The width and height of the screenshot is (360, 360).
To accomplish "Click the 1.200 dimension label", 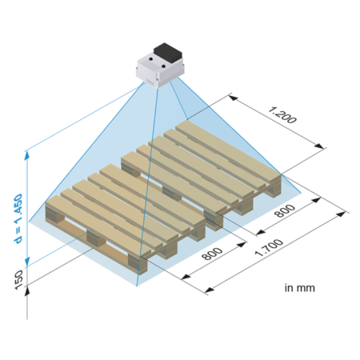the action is pos(282,115).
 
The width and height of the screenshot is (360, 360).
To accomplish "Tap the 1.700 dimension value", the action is pos(269,248).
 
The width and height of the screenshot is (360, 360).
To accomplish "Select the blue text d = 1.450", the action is pos(18,218).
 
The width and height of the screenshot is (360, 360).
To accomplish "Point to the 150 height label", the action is pos(18,279).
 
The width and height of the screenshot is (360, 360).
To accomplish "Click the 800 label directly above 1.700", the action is pos(285,210).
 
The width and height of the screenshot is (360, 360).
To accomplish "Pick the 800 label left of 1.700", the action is pos(212,254).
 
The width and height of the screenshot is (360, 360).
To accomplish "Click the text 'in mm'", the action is pos(299,288).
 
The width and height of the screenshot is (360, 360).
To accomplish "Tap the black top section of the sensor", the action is pos(168,52).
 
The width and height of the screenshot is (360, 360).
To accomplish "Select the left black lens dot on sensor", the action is pos(151,58).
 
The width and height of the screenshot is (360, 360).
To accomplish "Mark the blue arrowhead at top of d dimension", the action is pos(26,156).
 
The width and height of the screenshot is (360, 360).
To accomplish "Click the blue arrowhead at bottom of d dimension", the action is pos(27,262).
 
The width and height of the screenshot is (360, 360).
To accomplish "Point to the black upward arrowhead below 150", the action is pos(27,290).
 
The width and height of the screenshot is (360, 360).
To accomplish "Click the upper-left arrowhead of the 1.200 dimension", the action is pos(234,98).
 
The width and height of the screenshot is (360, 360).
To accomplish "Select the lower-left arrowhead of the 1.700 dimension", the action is pos(210,290).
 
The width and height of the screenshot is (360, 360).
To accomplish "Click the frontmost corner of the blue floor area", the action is pos(137,286).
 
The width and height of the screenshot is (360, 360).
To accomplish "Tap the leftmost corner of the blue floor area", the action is pos(29,222).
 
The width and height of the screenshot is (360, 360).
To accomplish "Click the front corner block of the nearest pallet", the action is pos(138,265).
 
